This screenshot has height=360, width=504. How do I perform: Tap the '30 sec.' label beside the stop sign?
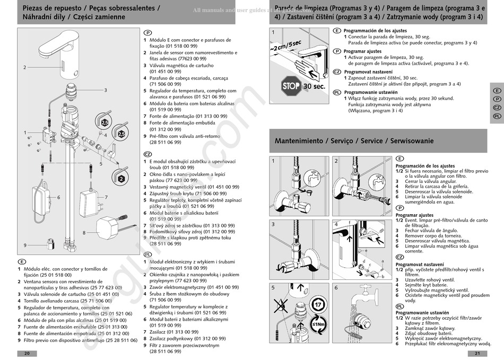pyautogui.click(x=314, y=86)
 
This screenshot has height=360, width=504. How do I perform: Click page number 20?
pyautogui.click(x=27, y=354)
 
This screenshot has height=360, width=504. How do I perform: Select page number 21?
pyautogui.click(x=477, y=354)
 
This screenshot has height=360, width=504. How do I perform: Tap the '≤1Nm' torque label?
pyautogui.click(x=318, y=325)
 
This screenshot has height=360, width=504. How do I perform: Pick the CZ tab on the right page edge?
pyautogui.click(x=497, y=108)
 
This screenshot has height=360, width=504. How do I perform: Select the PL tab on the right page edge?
pyautogui.click(x=497, y=116)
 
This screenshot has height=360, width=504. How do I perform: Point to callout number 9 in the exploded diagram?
pyautogui.click(x=25, y=245)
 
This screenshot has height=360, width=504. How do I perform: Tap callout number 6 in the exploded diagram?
pyautogui.click(x=58, y=197)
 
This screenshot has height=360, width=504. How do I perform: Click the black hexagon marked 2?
pyautogui.click(x=121, y=179)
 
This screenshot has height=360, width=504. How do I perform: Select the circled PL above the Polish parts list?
pyautogui.click(x=148, y=254)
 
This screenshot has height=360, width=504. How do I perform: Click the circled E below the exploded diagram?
pyautogui.click(x=22, y=262)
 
